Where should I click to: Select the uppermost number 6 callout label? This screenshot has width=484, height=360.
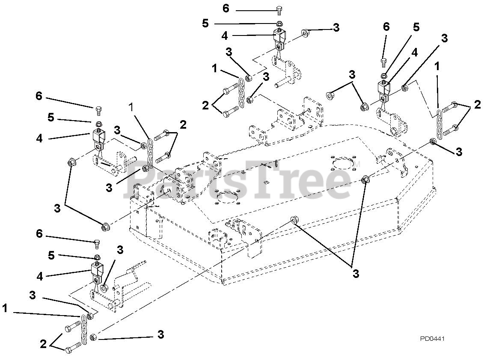(x=226, y=8)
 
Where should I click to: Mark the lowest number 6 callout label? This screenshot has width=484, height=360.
(x=39, y=234)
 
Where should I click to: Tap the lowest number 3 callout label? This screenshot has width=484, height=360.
(x=160, y=335)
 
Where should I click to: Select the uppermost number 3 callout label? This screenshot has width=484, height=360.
(x=336, y=27)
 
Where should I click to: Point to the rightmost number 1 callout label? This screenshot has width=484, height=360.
(x=436, y=67)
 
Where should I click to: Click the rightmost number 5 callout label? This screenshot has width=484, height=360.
(x=416, y=27)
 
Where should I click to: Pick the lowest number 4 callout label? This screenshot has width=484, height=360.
(x=40, y=277)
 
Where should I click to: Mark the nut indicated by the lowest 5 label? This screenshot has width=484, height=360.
(x=97, y=257)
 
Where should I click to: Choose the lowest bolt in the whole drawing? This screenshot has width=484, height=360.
(x=73, y=347)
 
